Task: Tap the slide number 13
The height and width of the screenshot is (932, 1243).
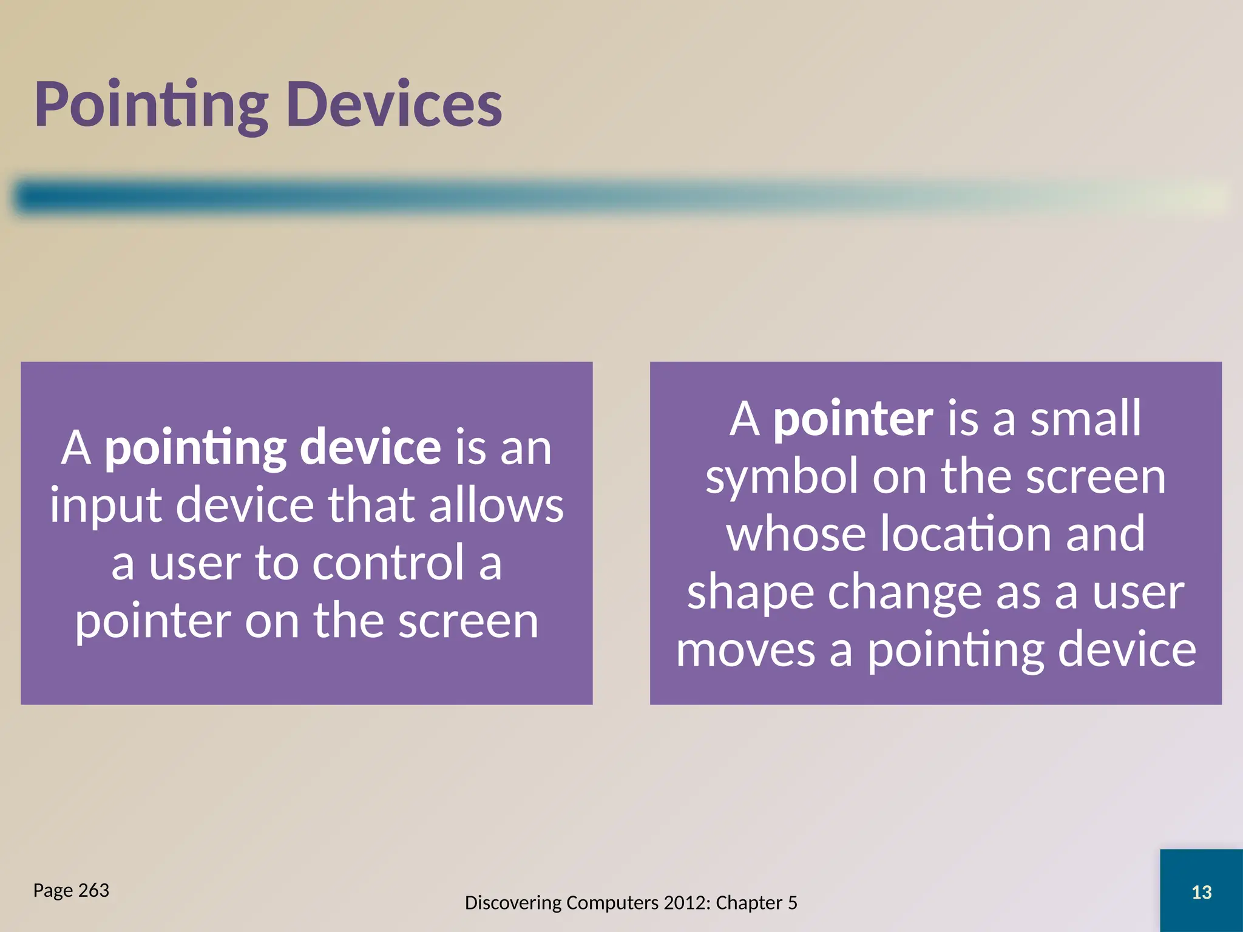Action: (x=1201, y=892)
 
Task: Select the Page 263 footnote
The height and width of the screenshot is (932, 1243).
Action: (x=71, y=890)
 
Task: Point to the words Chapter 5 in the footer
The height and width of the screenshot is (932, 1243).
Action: (x=756, y=903)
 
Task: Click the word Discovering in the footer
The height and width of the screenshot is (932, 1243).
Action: (x=513, y=903)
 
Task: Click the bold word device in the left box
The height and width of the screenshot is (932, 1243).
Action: (x=370, y=448)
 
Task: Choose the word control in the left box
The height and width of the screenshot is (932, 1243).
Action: (x=388, y=563)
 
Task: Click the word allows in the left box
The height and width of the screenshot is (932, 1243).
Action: (x=496, y=505)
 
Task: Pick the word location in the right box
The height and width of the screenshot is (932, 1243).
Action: (x=966, y=534)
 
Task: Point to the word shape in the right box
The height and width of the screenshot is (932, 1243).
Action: (x=750, y=592)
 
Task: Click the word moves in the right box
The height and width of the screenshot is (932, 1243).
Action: (x=745, y=650)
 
